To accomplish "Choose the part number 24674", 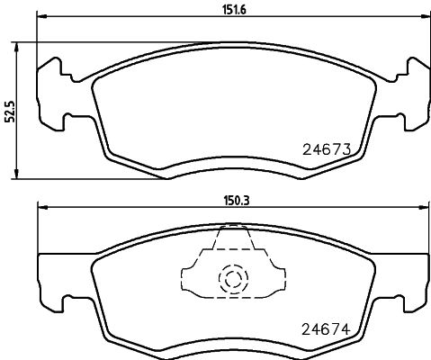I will tap(325, 328).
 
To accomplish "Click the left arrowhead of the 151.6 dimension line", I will tap(40, 16).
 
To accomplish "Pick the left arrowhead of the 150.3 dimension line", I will tap(40, 207).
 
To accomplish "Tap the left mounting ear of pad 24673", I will tap(54, 90).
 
